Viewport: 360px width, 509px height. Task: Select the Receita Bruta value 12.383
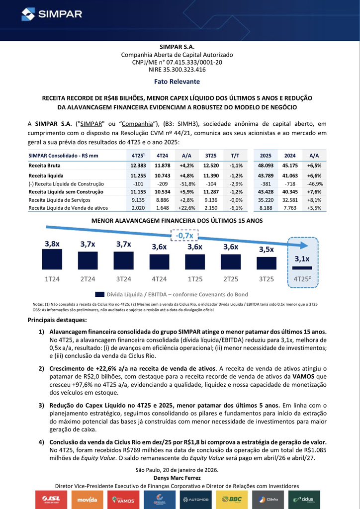pyautogui.click(x=136, y=165)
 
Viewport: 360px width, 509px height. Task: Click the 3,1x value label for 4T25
pyautogui.click(x=302, y=258)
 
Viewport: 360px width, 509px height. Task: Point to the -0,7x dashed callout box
pyautogui.click(x=184, y=235)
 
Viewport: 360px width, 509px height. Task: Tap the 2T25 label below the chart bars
pyautogui.click(x=231, y=279)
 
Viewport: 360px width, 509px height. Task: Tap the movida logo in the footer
pyautogui.click(x=88, y=499)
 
